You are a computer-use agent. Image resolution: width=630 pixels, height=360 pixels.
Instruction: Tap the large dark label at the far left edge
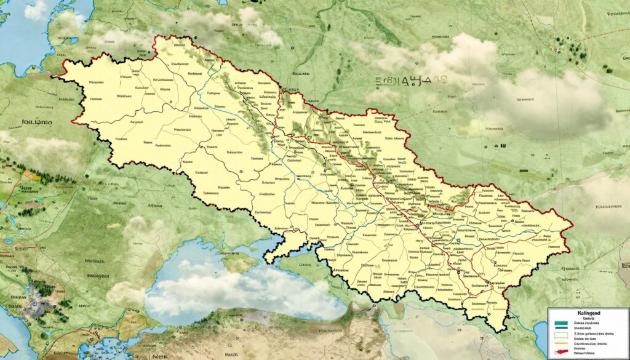(28, 122)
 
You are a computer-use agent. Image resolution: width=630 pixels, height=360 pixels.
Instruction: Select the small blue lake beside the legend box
(540, 335)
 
